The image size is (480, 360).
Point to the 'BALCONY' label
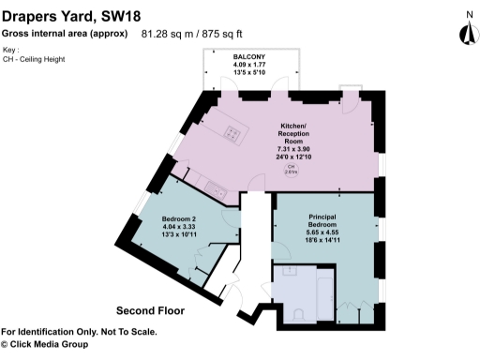pyautogui.click(x=248, y=57)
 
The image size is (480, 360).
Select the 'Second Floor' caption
pyautogui.click(x=150, y=309)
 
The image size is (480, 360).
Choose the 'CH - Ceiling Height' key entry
pyautogui.click(x=35, y=60)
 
